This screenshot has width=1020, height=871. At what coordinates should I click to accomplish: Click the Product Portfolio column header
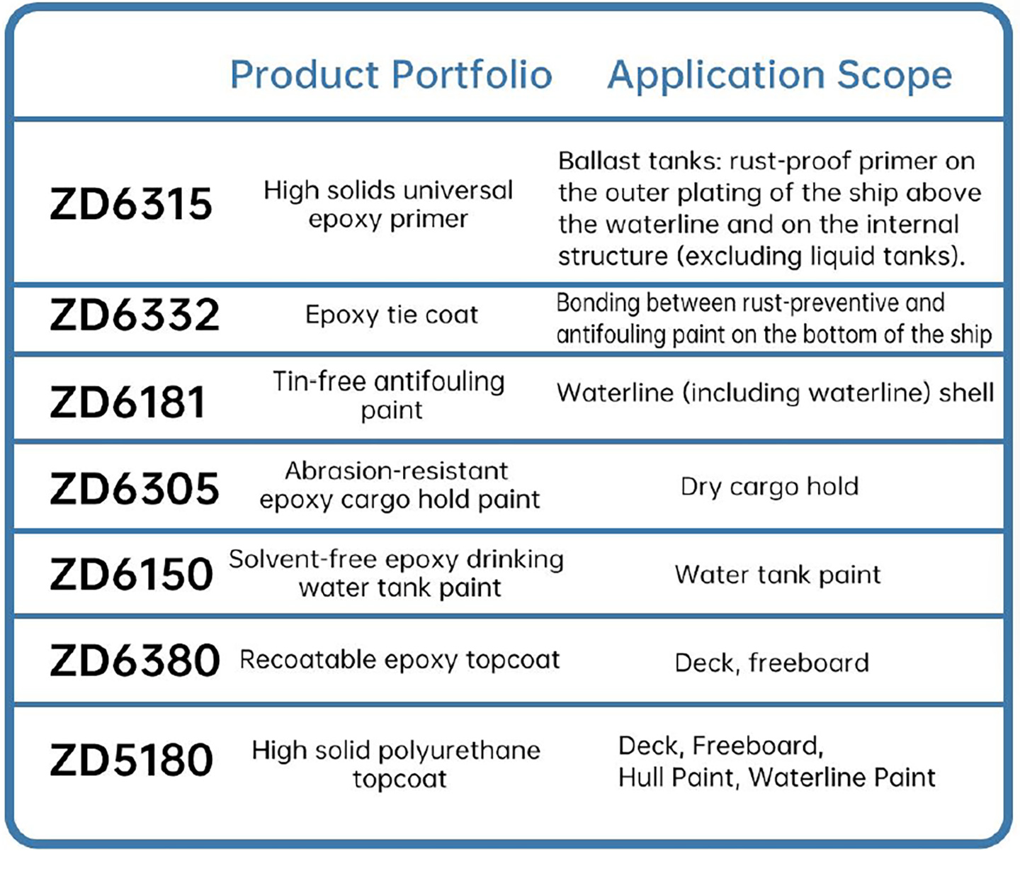[391, 74]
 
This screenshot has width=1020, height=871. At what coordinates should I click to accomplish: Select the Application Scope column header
[780, 76]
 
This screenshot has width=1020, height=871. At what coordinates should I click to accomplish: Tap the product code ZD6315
[131, 203]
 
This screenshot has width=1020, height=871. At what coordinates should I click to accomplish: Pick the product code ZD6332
[135, 315]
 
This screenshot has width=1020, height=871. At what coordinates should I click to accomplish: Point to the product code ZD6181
[127, 402]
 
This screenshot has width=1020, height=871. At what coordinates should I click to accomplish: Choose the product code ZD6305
[134, 488]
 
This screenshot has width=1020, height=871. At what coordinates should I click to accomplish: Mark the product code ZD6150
[131, 574]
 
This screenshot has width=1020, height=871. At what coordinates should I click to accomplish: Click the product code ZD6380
[135, 661]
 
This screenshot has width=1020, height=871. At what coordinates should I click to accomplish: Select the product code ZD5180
[131, 760]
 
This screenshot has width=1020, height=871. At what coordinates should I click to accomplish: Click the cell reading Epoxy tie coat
[392, 315]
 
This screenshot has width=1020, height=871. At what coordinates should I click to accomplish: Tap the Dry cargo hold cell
[770, 487]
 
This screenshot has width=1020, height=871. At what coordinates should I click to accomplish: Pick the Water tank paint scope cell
[778, 575]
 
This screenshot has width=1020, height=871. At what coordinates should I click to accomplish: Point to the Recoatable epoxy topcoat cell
[399, 661]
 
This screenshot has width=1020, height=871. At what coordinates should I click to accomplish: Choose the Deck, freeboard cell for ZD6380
[772, 663]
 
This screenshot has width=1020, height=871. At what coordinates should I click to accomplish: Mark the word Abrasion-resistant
[397, 471]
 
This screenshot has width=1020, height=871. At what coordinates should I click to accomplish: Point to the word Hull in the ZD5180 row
[642, 777]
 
